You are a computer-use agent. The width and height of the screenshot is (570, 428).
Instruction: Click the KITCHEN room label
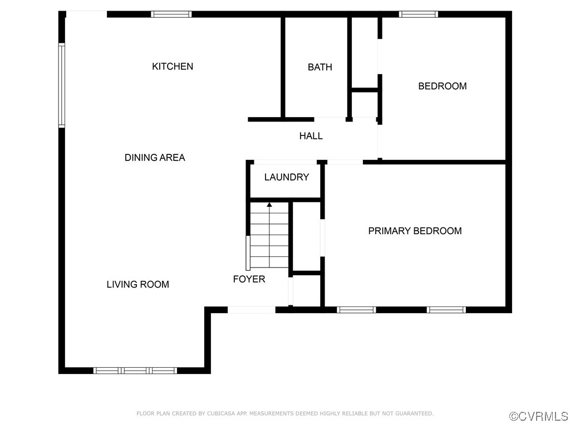pos(173,66)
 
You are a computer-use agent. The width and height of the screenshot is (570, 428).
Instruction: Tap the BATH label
pos(320,67)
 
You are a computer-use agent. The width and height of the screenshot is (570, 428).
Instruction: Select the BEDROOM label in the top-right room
pos(443,86)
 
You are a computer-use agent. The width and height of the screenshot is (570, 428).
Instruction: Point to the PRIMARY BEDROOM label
pos(415,231)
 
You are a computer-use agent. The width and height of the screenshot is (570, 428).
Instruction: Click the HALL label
pos(311,136)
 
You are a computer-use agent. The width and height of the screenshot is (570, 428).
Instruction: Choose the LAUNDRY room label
pos(287,177)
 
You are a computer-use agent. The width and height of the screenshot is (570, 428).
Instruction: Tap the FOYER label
pos(249,279)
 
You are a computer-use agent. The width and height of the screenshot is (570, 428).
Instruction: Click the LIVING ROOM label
pos(137,284)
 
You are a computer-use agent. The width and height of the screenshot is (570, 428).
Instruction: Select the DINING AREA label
pos(155,158)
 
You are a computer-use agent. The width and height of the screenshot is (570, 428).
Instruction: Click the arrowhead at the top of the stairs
pos(269,205)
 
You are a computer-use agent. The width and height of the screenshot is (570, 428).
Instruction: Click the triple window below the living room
pos(135,370)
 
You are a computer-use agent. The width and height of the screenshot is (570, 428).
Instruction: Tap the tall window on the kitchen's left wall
pos(62,86)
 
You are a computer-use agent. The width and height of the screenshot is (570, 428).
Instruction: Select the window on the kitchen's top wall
pos(171,14)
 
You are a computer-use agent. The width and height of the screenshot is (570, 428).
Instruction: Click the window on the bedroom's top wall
pos(419,14)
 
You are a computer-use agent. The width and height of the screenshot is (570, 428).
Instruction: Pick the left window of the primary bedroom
pos(356,310)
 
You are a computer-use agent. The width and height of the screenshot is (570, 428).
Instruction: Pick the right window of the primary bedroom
pos(446,310)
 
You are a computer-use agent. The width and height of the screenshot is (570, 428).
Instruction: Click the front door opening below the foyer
pos(252,310)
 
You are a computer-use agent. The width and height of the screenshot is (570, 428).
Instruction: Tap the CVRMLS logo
pos(539,416)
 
